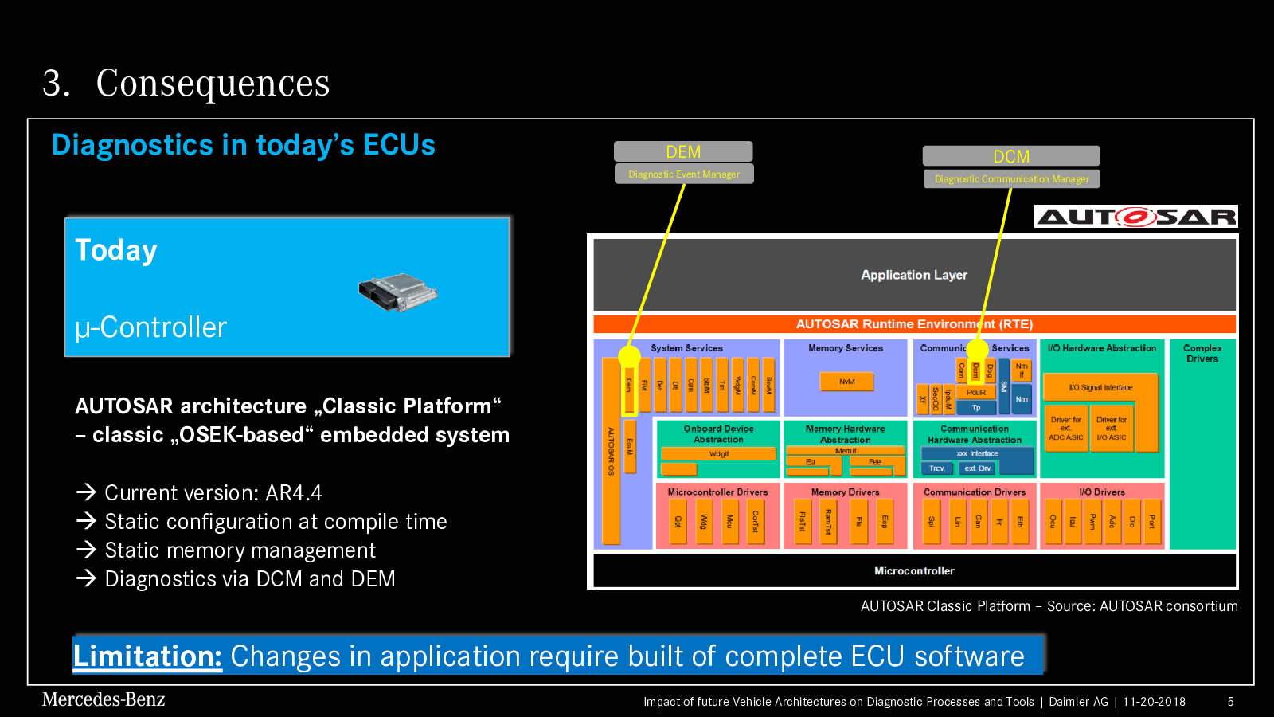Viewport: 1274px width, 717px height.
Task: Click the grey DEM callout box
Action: (x=683, y=151)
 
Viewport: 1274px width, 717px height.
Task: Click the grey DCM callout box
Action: (x=1011, y=156)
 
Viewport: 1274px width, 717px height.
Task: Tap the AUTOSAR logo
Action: (x=1136, y=217)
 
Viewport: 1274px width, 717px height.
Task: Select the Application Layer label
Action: (x=914, y=275)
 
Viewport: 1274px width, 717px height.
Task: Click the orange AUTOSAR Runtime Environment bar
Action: (x=914, y=324)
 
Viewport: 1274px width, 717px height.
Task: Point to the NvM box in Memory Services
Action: (x=846, y=382)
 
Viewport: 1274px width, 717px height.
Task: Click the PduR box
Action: (x=976, y=392)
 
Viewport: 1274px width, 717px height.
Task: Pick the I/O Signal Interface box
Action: (x=1100, y=388)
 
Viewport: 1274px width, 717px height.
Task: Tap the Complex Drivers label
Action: (x=1202, y=353)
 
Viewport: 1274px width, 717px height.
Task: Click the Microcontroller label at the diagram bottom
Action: (x=914, y=571)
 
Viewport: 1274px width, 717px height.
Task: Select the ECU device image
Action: (x=398, y=292)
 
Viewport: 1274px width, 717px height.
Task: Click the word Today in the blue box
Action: (x=116, y=250)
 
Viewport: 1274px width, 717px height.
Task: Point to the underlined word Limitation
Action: (x=147, y=656)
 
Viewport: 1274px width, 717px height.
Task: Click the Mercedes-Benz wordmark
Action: (x=104, y=699)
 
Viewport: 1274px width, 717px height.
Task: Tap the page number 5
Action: (x=1231, y=702)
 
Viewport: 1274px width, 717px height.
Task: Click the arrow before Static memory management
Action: (x=86, y=550)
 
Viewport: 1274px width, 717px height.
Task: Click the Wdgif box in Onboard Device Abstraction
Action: (x=718, y=453)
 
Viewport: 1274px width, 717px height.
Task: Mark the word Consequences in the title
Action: (x=213, y=83)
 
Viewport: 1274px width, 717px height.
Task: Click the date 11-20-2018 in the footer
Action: (x=1154, y=702)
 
